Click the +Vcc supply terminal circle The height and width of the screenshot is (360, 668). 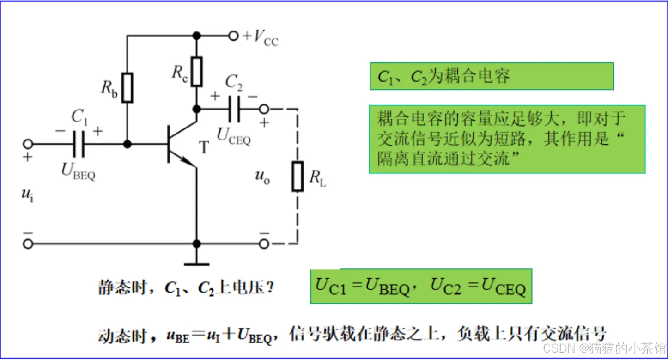pyautogui.click(x=234, y=36)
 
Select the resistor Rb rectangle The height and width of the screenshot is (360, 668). pyautogui.click(x=128, y=87)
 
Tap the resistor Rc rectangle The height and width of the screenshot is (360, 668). pyautogui.click(x=197, y=72)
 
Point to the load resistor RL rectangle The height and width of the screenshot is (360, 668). pyautogui.click(x=298, y=177)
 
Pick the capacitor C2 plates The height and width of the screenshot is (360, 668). pyautogui.click(x=234, y=109)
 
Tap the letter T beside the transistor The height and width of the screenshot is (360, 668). pyautogui.click(x=204, y=147)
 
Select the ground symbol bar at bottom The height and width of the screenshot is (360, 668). pyautogui.click(x=197, y=264)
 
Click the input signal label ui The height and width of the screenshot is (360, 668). pyautogui.click(x=27, y=195)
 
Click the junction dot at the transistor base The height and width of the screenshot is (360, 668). pyautogui.click(x=128, y=144)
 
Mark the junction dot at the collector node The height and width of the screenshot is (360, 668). pyautogui.click(x=197, y=109)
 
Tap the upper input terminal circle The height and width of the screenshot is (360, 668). pyautogui.click(x=28, y=144)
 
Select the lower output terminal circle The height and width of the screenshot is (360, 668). pyautogui.click(x=264, y=244)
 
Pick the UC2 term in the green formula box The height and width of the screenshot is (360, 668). pyautogui.click(x=446, y=286)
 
